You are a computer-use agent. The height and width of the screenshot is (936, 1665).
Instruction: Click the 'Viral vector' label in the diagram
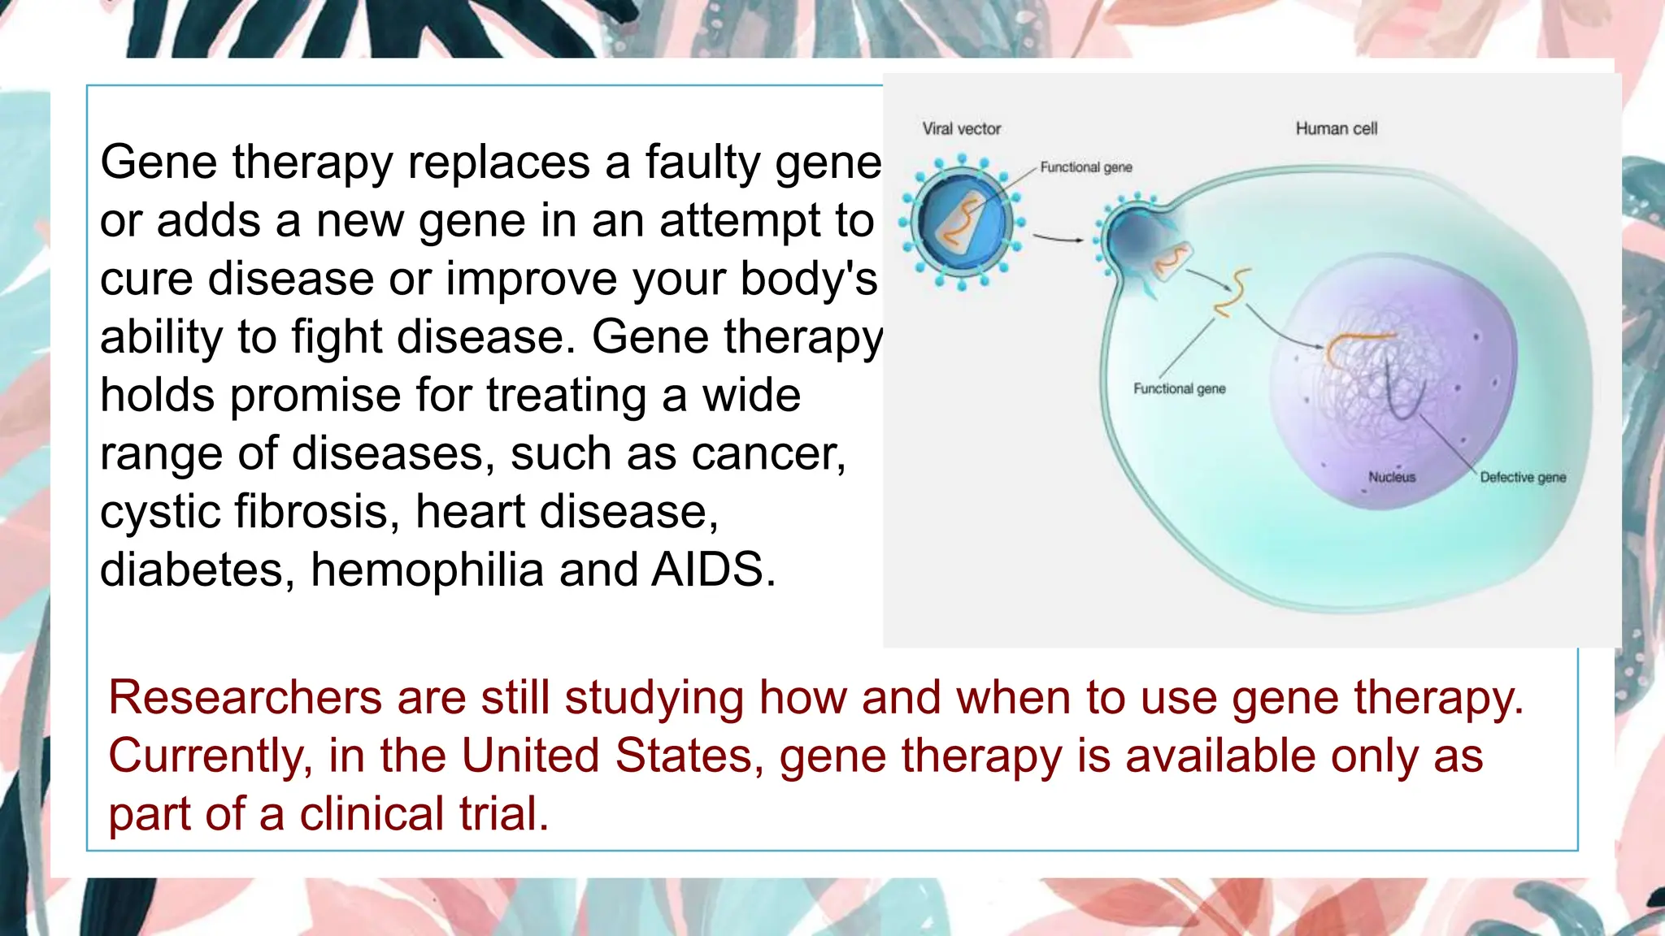pos(961,128)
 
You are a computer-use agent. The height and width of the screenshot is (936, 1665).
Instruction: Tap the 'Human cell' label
pos(1336,128)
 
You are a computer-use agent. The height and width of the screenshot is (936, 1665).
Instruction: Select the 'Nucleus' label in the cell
pos(1391,477)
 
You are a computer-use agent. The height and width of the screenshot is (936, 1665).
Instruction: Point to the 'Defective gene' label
pos(1522,477)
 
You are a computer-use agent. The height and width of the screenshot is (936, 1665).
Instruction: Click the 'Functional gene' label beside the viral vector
pos(1085,167)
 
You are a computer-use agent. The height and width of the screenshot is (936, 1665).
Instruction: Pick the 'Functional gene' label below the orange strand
pos(1179,388)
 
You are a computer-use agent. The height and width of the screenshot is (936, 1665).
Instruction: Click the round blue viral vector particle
pos(962,222)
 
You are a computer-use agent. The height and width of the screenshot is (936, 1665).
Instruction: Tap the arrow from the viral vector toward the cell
pos(1058,238)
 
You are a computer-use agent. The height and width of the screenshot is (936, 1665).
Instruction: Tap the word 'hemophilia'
pos(427,570)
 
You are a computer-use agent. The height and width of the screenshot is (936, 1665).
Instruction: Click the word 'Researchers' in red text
pos(245,698)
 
